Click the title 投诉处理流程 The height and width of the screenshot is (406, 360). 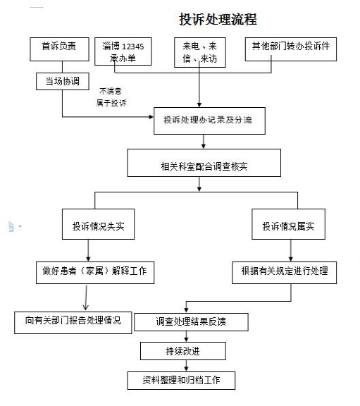click(218, 19)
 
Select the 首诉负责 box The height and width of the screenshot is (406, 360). click(59, 49)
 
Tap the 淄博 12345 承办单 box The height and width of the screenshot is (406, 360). click(123, 51)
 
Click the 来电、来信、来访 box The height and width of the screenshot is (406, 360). click(200, 53)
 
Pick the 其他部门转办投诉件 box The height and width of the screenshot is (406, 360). click(291, 49)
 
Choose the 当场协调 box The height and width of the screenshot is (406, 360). click(63, 81)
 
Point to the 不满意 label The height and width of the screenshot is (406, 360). click(111, 91)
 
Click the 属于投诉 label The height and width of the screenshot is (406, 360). click(111, 103)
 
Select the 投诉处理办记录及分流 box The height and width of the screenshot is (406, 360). click(209, 121)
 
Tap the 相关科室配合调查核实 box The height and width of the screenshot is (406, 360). click(204, 163)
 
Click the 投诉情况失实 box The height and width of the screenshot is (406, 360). click(99, 224)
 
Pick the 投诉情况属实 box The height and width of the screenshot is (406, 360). click(289, 224)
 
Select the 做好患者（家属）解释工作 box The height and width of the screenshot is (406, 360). click(95, 273)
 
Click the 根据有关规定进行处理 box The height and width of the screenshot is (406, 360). click(285, 273)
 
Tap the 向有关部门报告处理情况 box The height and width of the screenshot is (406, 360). click(73, 323)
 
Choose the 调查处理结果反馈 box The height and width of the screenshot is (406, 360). click(191, 322)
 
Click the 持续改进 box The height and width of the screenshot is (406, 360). click(183, 351)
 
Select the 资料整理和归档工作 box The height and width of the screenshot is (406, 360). click(181, 381)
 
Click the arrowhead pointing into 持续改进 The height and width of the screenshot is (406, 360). click(187, 340)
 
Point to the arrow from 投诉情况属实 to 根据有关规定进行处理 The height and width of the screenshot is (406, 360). click(291, 250)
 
